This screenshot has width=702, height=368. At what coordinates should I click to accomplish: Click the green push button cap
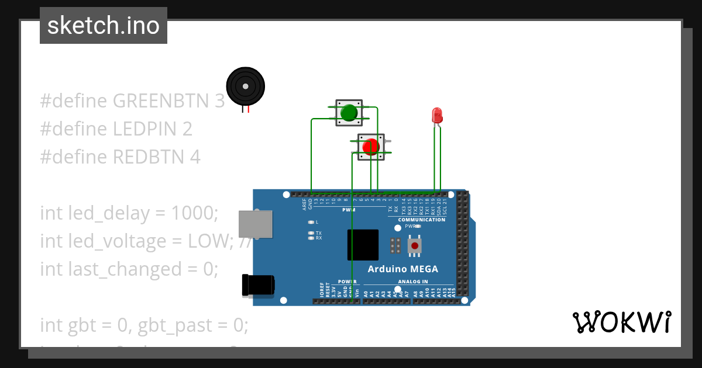coord(349,112)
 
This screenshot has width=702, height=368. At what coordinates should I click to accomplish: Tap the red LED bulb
coord(436,114)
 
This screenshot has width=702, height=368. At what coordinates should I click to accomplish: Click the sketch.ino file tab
coord(104,26)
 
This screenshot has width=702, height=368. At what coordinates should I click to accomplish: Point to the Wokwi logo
coord(621,322)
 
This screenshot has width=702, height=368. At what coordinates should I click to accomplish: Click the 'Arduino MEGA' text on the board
coord(402,269)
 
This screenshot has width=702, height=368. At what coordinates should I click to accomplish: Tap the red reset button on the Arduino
coord(415,245)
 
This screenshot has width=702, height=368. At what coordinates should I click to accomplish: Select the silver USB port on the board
coord(256,224)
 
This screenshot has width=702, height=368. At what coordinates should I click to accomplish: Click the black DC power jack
coord(258,285)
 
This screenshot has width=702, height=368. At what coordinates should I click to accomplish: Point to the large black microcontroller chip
coord(362,245)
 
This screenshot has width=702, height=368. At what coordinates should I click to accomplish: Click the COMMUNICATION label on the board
coord(422,220)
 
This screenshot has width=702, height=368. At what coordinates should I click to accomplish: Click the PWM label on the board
coord(349,210)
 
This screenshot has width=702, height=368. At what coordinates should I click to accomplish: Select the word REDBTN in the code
coord(150,157)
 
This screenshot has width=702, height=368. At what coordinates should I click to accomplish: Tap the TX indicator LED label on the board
coord(319,233)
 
